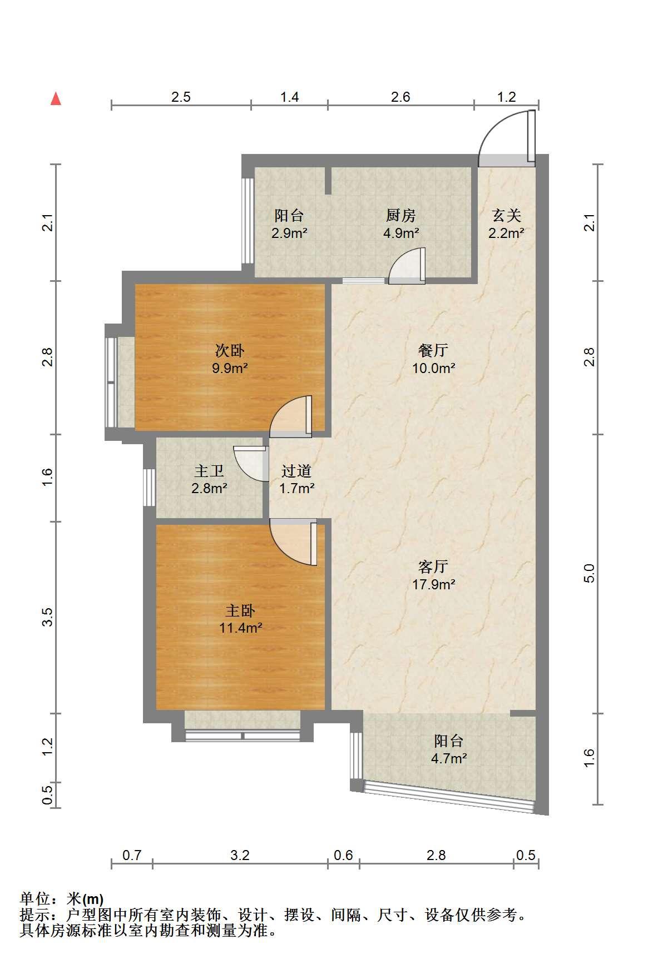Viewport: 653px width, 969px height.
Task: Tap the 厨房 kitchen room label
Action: tap(400, 215)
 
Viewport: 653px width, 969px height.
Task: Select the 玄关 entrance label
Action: tap(506, 215)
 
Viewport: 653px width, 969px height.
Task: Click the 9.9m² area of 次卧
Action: tap(230, 368)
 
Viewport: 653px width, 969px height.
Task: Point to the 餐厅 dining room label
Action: tap(434, 351)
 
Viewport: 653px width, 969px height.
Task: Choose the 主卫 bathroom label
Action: tap(209, 471)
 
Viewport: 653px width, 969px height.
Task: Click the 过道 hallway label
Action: tap(296, 471)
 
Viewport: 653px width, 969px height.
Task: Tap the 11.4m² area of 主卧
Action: tap(241, 628)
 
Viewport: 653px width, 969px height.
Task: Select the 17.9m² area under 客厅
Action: tap(434, 584)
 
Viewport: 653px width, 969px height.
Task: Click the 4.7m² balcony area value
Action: tap(449, 758)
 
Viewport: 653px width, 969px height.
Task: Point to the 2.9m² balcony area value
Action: tap(289, 233)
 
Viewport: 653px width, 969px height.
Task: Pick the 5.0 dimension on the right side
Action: tap(590, 573)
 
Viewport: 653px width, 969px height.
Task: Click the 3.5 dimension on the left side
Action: tap(48, 617)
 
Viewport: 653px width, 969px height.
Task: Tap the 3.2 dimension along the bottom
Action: tap(240, 855)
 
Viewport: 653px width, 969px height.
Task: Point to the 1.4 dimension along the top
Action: tap(289, 97)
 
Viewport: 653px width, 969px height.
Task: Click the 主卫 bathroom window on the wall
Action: tap(149, 488)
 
